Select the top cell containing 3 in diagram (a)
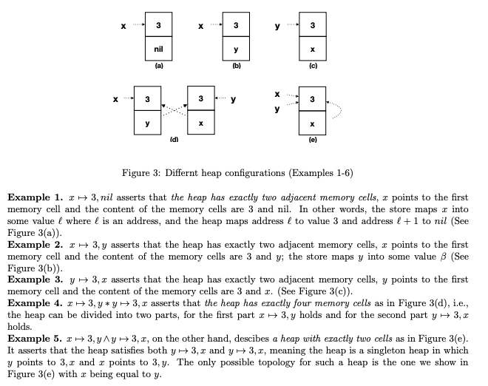pyautogui.click(x=158, y=27)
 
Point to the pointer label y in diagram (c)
pyautogui.click(x=277, y=27)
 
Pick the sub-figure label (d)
pyautogui.click(x=174, y=139)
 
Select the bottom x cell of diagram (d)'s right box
pyautogui.click(x=201, y=122)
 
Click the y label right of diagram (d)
pyautogui.click(x=233, y=98)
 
